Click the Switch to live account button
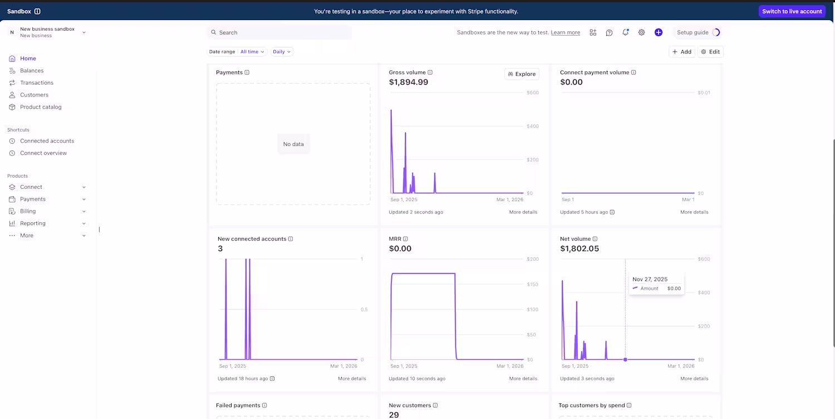click(792, 11)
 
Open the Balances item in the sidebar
click(32, 71)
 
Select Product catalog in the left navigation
click(41, 107)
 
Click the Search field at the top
click(279, 32)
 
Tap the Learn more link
click(565, 32)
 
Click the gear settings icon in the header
click(641, 32)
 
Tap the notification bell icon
click(625, 32)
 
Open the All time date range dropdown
click(252, 52)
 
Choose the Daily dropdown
click(282, 52)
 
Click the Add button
click(682, 52)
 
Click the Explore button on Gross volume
click(522, 74)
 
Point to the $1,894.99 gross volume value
click(408, 82)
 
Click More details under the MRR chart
click(523, 378)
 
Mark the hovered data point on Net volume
click(625, 359)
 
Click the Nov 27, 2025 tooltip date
click(650, 279)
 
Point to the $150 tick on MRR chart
click(532, 284)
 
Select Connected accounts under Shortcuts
click(47, 141)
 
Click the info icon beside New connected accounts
click(291, 239)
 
